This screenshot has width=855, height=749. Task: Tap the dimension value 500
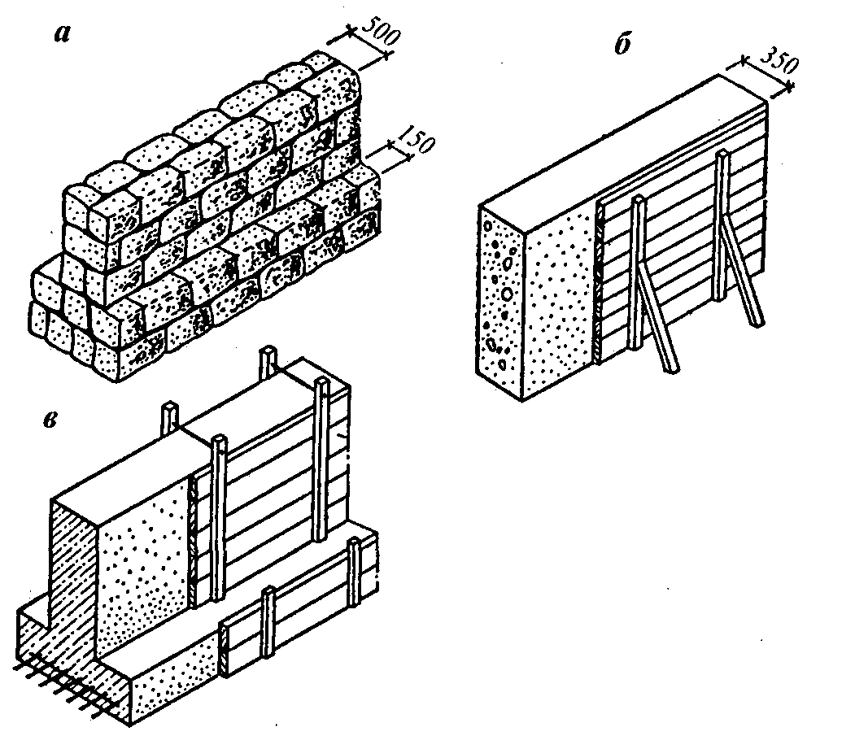pos(373,33)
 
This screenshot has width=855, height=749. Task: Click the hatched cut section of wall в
pos(73,569)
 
